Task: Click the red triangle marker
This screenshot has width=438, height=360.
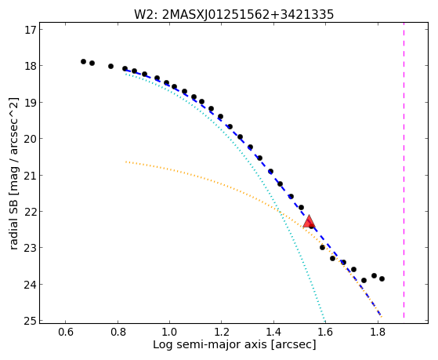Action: pos(309,221)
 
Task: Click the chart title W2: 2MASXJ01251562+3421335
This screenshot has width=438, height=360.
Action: pos(233,14)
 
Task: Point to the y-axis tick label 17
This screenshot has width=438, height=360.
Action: pos(31,30)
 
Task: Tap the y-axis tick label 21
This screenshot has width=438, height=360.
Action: pos(31,176)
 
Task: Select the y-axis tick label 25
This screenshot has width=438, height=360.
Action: pos(31,321)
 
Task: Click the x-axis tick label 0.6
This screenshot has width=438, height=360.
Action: pos(66,333)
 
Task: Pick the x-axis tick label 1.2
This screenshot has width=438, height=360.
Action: pos(222,333)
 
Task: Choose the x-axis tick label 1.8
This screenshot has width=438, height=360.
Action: pos(378,333)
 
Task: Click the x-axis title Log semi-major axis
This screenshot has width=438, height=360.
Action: pos(210,345)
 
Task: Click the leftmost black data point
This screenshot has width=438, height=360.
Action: pos(83,61)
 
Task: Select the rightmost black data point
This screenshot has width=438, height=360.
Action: pos(382,279)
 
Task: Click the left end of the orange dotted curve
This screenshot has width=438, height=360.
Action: pos(126,162)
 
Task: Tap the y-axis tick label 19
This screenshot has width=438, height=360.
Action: pos(31,103)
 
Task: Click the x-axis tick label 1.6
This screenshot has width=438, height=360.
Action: pos(326,333)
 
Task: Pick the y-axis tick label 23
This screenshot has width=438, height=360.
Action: pos(31,248)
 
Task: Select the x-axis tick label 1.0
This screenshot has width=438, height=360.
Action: pos(169,333)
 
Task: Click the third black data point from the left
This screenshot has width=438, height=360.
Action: pos(111,67)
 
